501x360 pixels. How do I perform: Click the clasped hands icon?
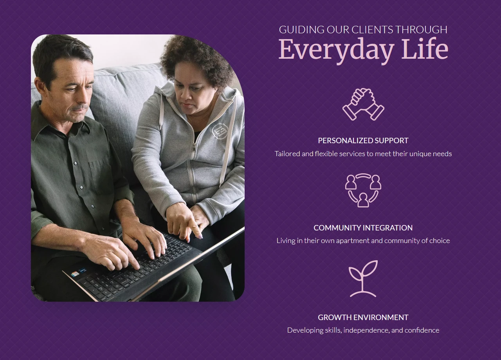(363, 104)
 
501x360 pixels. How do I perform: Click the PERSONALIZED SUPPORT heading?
(363, 140)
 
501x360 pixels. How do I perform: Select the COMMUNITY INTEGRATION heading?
(363, 228)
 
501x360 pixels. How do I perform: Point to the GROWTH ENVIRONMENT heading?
(363, 317)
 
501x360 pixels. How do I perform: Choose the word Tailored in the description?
(287, 154)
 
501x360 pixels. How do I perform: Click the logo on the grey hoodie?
(220, 130)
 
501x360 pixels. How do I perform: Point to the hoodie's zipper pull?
(194, 147)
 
